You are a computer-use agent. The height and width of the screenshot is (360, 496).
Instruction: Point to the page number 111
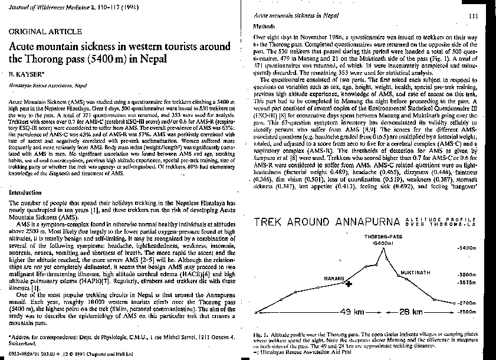tap(472, 16)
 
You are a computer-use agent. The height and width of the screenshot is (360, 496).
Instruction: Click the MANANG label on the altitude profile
tap(334, 277)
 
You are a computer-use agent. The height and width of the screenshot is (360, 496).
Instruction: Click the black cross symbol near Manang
tap(349, 284)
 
